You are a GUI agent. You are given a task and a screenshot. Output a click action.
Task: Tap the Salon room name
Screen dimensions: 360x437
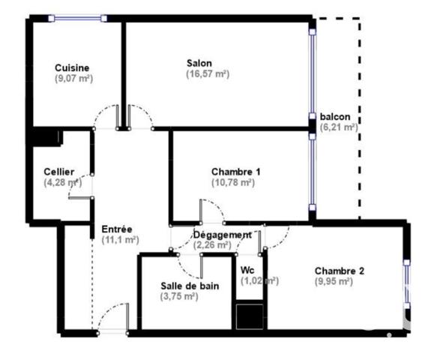click(x=199, y=63)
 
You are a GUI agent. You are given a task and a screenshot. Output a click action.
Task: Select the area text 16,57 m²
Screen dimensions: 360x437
click(x=208, y=74)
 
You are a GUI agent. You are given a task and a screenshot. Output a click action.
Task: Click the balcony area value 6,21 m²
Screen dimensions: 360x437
click(x=339, y=127)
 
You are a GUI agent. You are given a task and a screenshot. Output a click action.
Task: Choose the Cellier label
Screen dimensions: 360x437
click(x=59, y=172)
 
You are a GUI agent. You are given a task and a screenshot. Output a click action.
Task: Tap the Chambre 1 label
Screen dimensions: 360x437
click(x=236, y=172)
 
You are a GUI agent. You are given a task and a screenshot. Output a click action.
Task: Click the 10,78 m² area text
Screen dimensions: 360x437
click(x=233, y=183)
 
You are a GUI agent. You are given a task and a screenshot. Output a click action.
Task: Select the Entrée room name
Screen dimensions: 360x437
click(x=117, y=229)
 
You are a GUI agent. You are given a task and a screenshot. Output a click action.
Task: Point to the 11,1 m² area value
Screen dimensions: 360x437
click(x=120, y=240)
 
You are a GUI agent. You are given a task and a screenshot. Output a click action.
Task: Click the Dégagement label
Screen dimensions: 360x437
click(x=223, y=234)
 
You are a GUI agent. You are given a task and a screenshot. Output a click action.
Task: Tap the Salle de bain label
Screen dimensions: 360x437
click(x=190, y=285)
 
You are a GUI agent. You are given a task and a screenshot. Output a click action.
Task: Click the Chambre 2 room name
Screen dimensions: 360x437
click(x=339, y=271)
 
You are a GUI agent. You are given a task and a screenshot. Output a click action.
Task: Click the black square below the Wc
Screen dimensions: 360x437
click(x=250, y=316)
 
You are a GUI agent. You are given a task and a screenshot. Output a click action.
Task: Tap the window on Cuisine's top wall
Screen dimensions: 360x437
click(x=76, y=16)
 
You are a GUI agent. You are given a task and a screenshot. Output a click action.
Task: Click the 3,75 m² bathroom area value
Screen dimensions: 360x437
click(x=180, y=296)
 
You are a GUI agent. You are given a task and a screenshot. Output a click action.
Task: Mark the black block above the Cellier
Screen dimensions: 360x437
click(x=46, y=137)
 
